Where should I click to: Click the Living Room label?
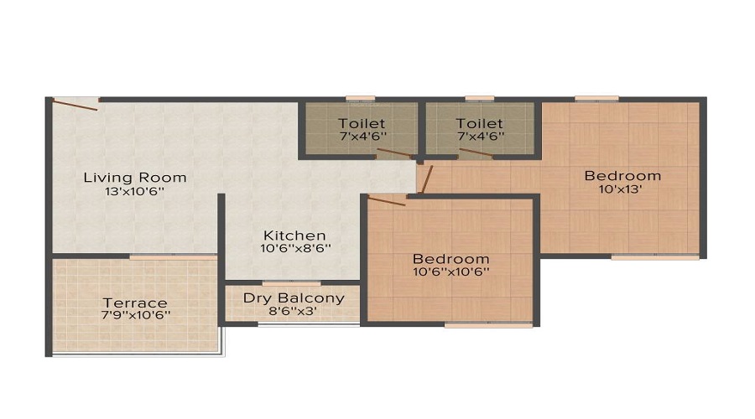pos(135,178)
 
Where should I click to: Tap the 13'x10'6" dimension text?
pos(135,191)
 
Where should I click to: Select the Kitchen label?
pos(294,235)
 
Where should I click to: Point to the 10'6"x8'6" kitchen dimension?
pos(295,249)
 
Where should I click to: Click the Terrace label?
pos(135,303)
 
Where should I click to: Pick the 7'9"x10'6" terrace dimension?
pos(135,316)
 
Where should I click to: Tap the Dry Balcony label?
pos(294,298)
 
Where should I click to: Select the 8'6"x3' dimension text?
pos(293,311)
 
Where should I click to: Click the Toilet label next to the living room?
pos(362,124)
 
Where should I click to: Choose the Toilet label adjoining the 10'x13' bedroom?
pos(480,124)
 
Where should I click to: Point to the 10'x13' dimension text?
pos(621,189)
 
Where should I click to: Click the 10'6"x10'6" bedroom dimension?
pos(451,272)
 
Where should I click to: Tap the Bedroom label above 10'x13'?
pos(622,176)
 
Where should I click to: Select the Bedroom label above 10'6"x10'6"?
pos(451,259)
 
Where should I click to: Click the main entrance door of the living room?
pos(75,105)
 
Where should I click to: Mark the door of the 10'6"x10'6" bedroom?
pos(387,200)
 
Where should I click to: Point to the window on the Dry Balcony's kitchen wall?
pos(291,283)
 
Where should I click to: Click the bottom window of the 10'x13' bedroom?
pos(655,257)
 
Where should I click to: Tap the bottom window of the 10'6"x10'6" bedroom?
pos(489,325)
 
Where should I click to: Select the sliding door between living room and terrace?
pos(174,257)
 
